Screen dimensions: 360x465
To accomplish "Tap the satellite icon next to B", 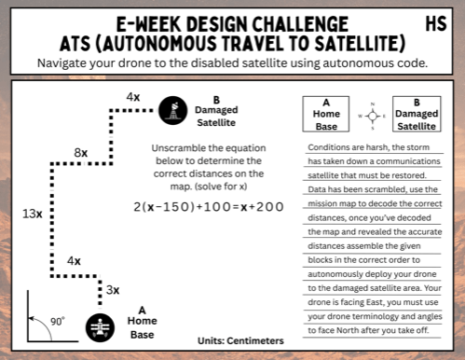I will pos(171,110).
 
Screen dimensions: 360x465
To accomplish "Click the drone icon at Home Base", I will pos(100,326).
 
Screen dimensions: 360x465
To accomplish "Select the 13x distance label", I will pos(31,214).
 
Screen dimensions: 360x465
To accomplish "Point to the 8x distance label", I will pos(81,152).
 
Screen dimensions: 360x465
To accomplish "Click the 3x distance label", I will pos(112,290).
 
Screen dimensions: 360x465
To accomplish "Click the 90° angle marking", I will pos(58,322).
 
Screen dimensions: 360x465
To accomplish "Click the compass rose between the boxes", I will pos(372,116).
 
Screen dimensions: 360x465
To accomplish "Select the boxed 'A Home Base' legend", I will pos(326,115).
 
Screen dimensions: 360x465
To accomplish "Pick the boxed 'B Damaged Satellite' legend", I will pos(416,115).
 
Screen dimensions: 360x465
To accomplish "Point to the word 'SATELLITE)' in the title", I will pos(356,44).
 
